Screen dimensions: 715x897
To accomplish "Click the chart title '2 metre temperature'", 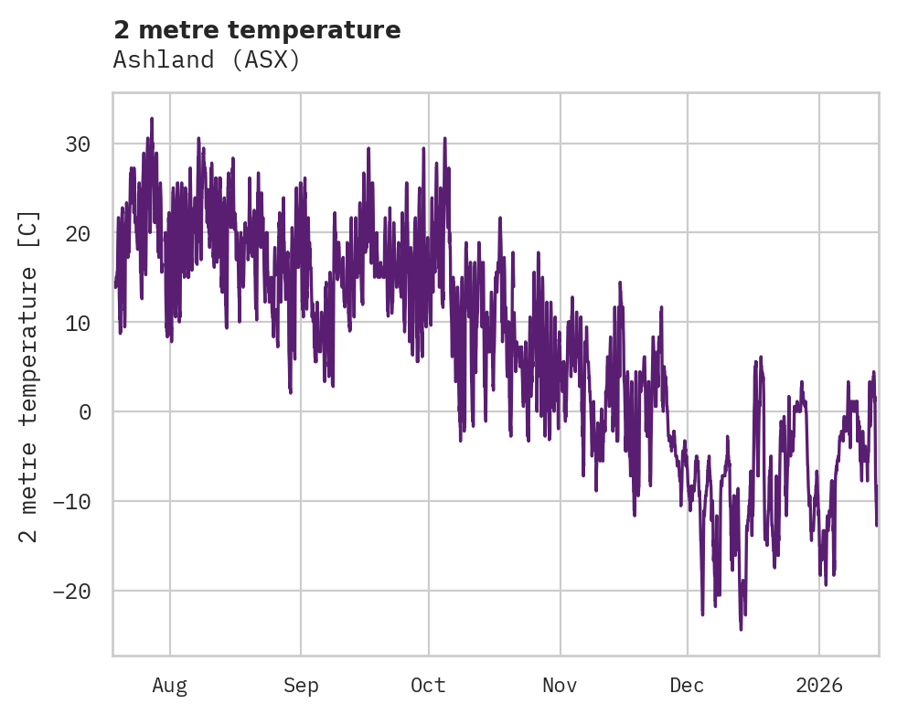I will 257,30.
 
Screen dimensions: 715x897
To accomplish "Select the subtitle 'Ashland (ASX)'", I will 207,60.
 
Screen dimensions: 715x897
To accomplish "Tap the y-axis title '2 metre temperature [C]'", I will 29,376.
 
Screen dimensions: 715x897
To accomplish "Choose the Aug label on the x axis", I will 169,686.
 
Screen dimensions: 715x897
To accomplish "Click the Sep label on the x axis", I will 300,686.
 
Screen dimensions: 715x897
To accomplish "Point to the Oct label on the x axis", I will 428,686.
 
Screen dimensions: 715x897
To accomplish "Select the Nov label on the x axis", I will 560,686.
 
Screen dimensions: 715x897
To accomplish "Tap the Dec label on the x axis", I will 687,686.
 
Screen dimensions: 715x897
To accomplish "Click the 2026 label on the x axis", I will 818,686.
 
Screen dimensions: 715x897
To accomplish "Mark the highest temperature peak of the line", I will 152,118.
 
